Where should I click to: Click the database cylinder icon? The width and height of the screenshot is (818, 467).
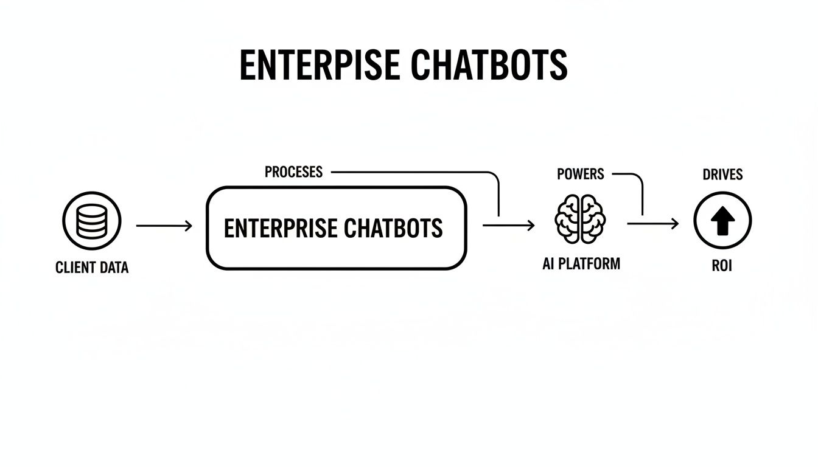coord(92,220)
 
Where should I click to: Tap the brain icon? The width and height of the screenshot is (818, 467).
coord(579,219)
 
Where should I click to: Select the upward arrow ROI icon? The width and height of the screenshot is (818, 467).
coord(722,220)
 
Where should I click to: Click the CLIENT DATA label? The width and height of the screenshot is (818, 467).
coord(92,268)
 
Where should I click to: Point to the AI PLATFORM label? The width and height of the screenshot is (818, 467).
coord(581,264)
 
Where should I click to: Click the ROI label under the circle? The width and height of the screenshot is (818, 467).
coord(722,266)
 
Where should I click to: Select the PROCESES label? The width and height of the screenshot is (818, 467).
coord(293,172)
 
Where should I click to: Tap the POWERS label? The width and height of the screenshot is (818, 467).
coord(580,174)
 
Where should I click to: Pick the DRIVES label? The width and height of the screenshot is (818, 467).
coord(722,175)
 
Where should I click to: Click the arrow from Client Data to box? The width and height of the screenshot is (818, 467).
coord(164,226)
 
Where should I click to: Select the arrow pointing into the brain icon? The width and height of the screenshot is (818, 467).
coord(509,225)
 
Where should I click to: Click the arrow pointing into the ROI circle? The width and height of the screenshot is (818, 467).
coord(652,224)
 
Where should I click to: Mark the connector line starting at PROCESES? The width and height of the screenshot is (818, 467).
coord(414,173)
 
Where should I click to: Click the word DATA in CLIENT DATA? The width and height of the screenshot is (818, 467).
coord(114,268)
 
